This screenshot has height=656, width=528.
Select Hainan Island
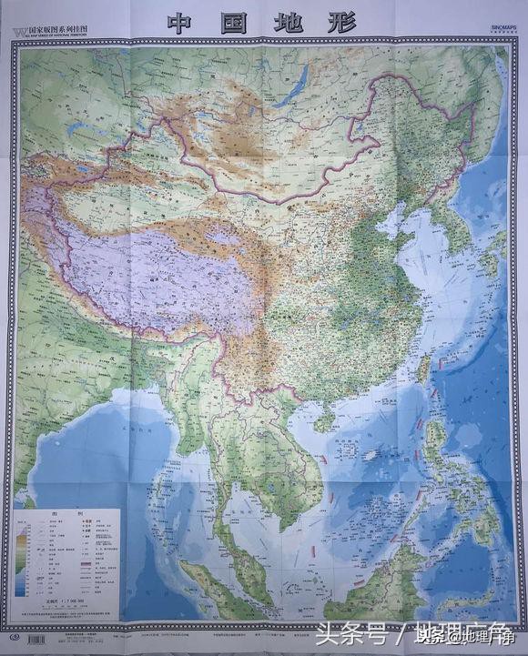point(324,419)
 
